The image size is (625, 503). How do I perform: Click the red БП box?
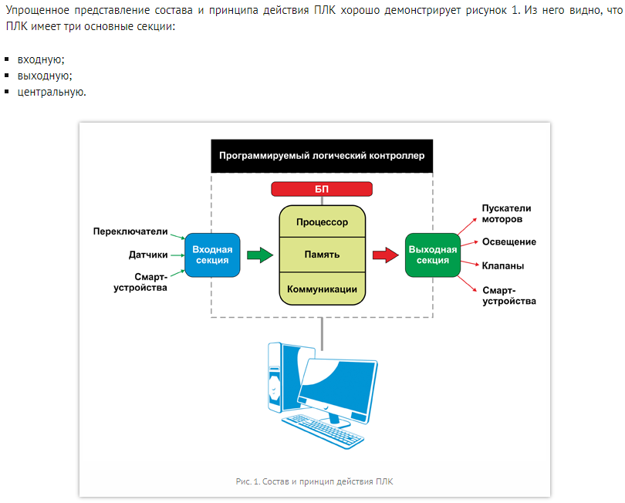[x=322, y=189]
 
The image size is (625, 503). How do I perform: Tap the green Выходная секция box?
[x=432, y=255]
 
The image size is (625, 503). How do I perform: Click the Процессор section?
[x=322, y=222]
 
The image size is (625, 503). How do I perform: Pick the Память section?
[x=322, y=255]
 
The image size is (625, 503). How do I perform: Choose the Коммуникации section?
[x=322, y=289]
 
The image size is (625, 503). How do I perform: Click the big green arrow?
[x=260, y=255]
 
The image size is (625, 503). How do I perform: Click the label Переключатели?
[x=130, y=231]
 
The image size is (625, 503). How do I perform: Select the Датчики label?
[x=147, y=255]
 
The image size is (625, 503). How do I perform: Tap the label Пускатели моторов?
[x=506, y=213]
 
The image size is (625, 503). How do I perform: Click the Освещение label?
[x=509, y=241]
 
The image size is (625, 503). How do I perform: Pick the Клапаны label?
[x=503, y=266]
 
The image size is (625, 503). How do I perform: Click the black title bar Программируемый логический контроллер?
[x=322, y=156]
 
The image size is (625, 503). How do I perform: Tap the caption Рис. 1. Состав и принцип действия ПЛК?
[x=314, y=481]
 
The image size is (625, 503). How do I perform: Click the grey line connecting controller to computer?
[x=322, y=329]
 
